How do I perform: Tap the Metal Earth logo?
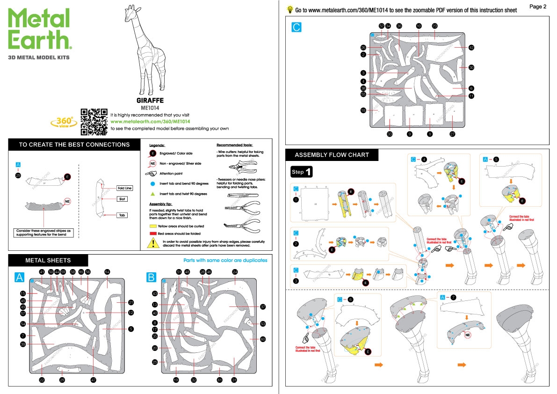click(40, 30)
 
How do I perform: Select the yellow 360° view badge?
click(64, 122)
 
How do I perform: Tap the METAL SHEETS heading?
click(48, 260)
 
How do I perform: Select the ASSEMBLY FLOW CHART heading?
click(332, 155)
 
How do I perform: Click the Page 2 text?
click(538, 7)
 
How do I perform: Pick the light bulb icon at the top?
click(290, 9)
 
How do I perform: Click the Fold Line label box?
click(124, 188)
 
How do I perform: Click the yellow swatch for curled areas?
click(153, 226)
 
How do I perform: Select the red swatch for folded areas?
click(153, 233)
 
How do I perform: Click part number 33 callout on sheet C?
click(389, 134)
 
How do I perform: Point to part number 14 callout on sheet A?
click(107, 272)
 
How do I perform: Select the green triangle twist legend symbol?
click(152, 193)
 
